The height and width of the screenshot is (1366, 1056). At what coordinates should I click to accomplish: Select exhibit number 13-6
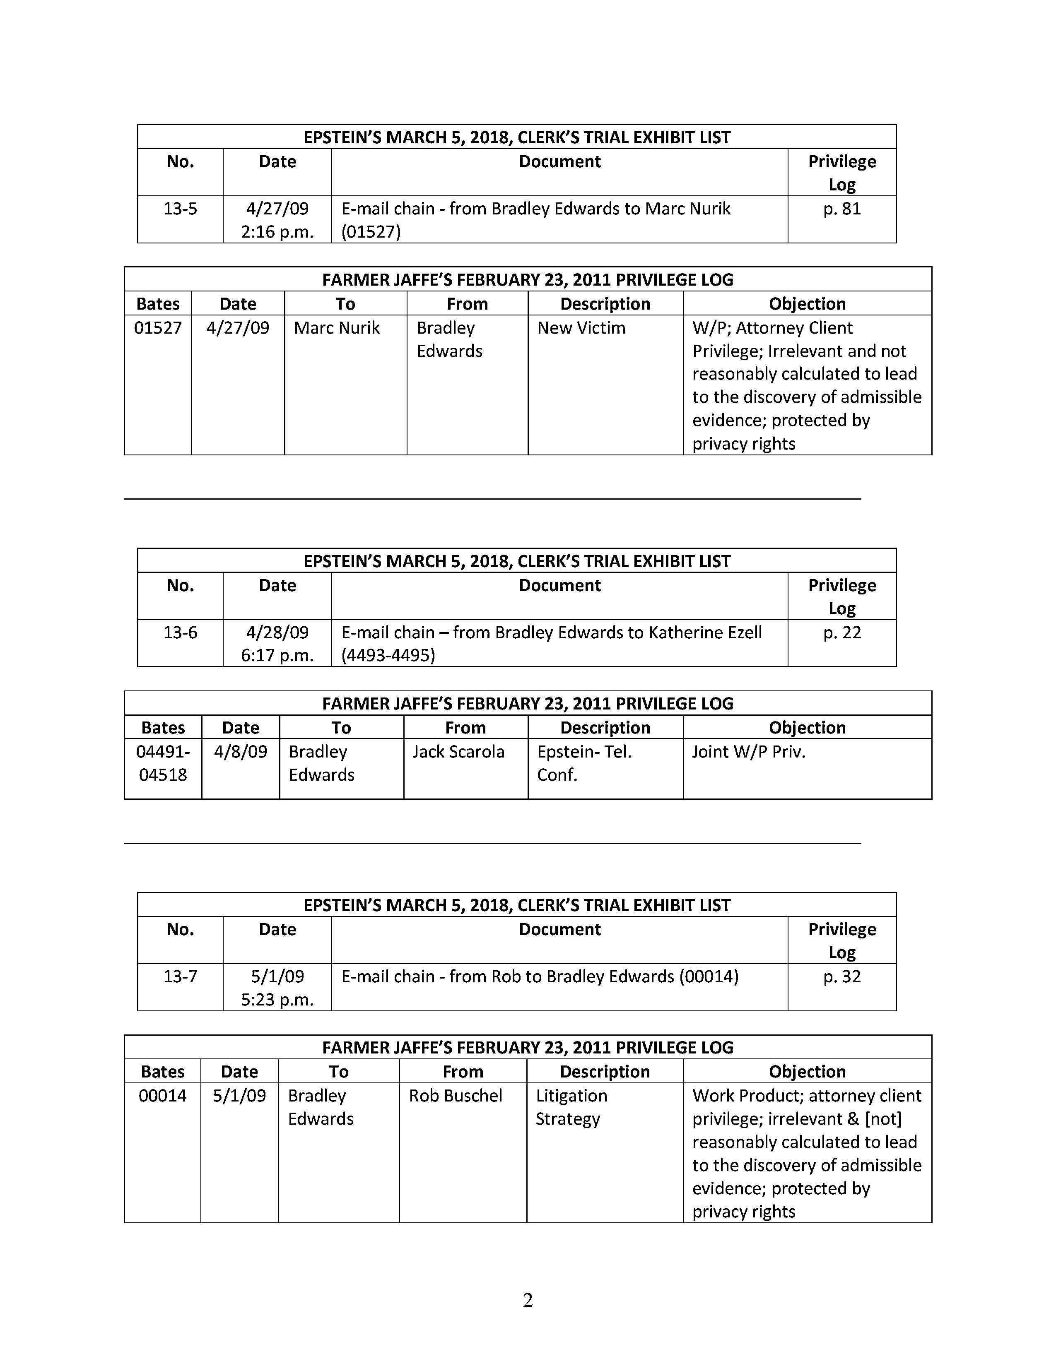(180, 632)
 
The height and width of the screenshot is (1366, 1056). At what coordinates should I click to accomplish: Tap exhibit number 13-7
(180, 976)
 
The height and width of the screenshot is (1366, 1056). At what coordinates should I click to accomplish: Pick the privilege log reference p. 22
(841, 632)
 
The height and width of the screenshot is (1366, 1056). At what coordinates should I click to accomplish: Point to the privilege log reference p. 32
(841, 976)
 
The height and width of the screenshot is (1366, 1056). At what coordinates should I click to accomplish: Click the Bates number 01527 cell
(158, 328)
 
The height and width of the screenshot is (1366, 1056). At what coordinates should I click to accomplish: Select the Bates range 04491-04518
(163, 763)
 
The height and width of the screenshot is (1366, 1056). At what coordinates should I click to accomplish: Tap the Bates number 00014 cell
(163, 1095)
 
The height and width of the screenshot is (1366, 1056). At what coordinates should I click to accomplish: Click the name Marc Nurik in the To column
(337, 328)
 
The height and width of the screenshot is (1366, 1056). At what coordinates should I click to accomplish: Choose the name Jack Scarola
(458, 752)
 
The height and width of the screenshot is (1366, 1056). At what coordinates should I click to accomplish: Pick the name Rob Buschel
(456, 1095)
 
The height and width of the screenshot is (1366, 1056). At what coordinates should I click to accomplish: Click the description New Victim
(581, 328)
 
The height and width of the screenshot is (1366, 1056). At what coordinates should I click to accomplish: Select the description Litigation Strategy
(571, 1106)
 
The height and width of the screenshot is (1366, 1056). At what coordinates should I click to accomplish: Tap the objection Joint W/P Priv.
(748, 752)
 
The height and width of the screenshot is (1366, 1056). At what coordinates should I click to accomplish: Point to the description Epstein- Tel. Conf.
(584, 763)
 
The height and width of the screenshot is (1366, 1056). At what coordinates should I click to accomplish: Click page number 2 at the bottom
(527, 1300)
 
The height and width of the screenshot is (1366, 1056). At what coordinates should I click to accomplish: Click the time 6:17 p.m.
(277, 656)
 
